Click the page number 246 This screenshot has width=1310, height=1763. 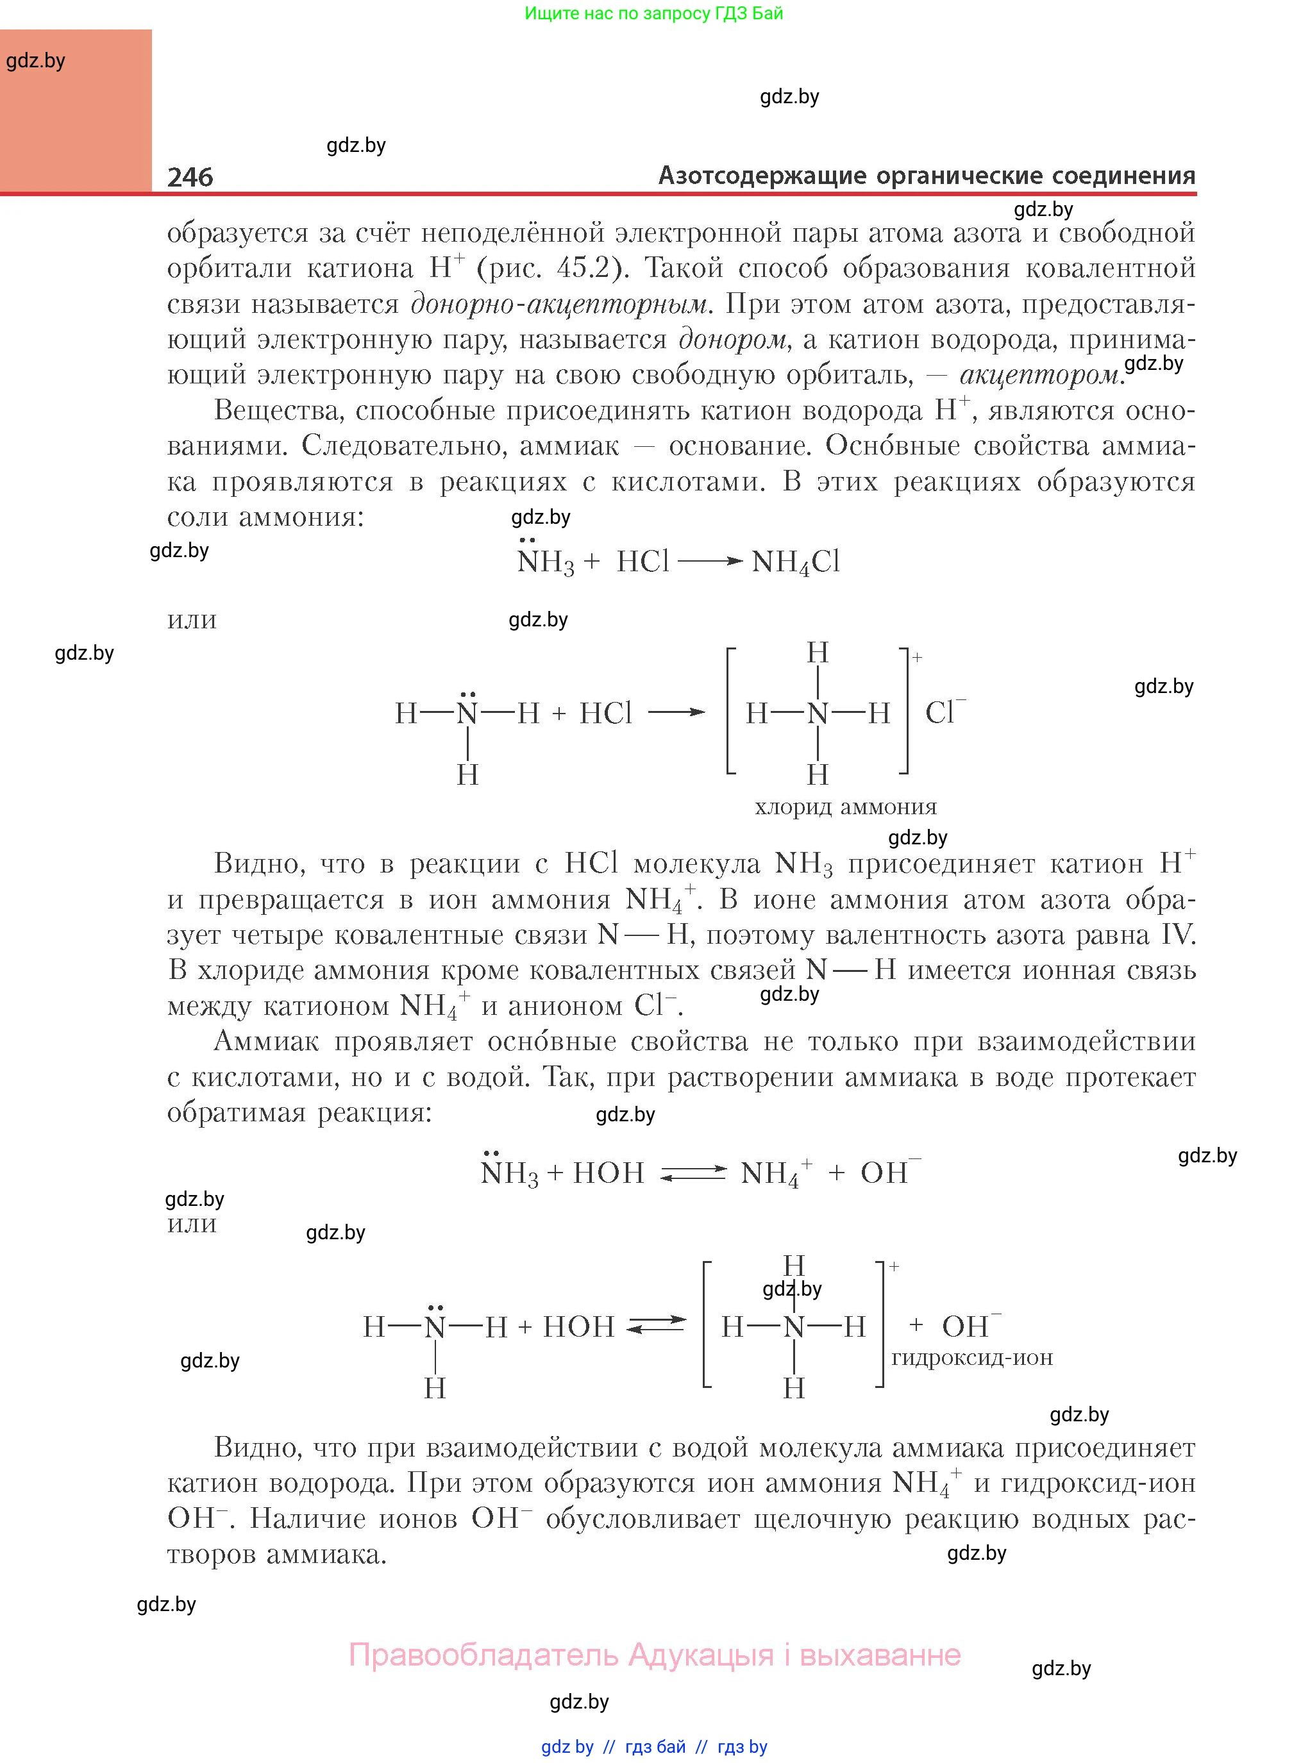[190, 176]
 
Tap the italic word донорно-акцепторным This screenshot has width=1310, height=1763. [559, 304]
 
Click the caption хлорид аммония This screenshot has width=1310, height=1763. [845, 807]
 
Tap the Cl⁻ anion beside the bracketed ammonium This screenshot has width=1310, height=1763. [945, 711]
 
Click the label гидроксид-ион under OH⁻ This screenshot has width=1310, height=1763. [971, 1357]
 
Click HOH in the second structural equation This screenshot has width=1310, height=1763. [579, 1326]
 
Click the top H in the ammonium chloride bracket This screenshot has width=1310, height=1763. [818, 653]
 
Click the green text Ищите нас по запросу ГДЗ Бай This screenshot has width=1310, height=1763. [653, 13]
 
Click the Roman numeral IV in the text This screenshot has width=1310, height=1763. [1176, 935]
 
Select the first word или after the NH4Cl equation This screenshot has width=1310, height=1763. [192, 619]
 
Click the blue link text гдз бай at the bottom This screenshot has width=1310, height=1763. [655, 1746]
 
